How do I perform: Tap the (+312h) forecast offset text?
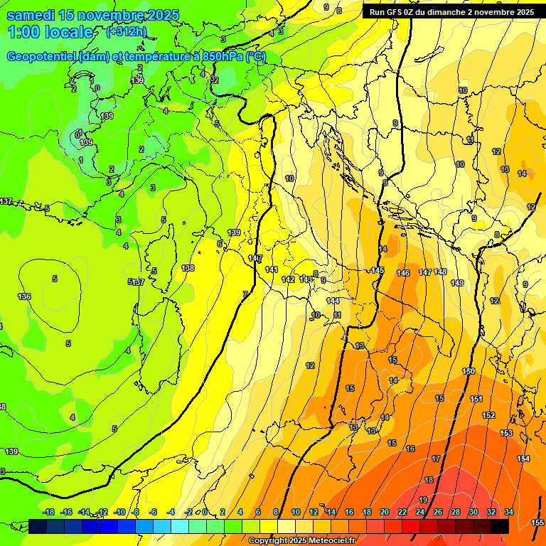tap(127, 32)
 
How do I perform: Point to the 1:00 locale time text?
tap(51, 32)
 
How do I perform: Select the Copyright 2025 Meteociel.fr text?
tap(302, 541)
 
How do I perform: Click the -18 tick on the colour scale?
tap(48, 512)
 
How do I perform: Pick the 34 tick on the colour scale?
tap(509, 512)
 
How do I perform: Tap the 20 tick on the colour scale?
tap(385, 512)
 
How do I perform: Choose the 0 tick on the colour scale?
tap(205, 512)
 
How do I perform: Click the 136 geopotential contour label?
tap(24, 296)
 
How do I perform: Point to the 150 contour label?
tap(469, 371)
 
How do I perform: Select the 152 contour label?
tap(488, 415)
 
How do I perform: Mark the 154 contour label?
tap(523, 459)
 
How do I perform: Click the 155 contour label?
tap(537, 523)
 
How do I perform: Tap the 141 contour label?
tap(272, 269)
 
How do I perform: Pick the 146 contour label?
tap(403, 273)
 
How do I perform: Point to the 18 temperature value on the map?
tap(429, 481)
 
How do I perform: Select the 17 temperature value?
tap(436, 459)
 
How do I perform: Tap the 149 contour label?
tap(457, 283)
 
